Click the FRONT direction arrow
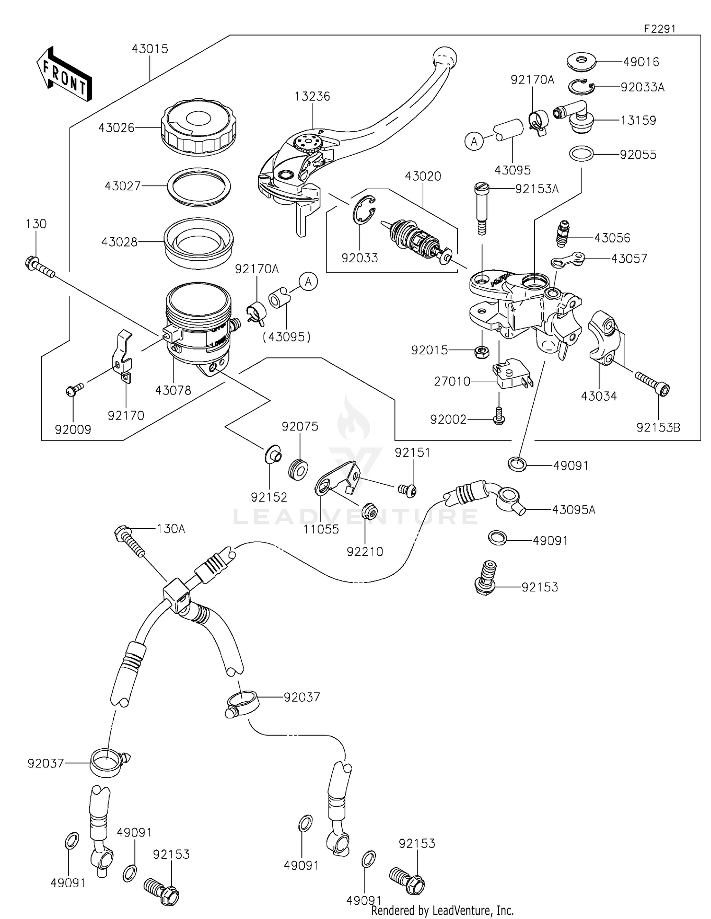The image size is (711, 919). click(x=64, y=74)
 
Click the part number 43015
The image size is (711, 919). click(x=150, y=49)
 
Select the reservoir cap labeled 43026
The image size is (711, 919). click(x=199, y=127)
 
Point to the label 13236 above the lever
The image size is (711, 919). click(x=312, y=96)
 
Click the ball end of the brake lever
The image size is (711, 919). click(x=445, y=57)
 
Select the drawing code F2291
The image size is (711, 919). click(x=659, y=28)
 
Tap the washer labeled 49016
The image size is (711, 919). click(x=582, y=61)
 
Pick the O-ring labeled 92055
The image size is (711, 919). click(x=581, y=154)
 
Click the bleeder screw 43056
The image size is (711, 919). click(x=562, y=234)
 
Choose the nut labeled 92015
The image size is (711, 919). click(x=482, y=351)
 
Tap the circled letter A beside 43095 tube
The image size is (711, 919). click(x=474, y=141)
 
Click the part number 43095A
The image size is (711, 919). click(x=574, y=510)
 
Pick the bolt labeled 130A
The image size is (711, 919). click(x=129, y=541)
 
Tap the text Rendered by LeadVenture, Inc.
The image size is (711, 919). click(x=442, y=910)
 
